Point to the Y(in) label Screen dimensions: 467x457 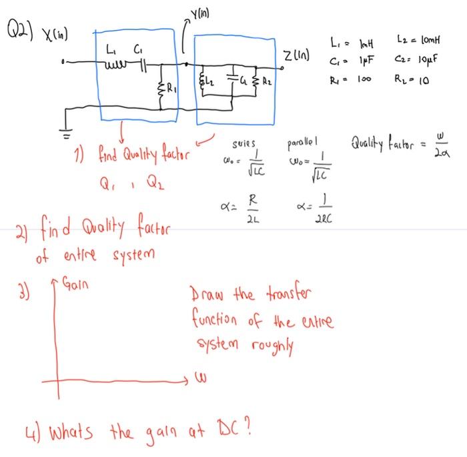click(x=201, y=12)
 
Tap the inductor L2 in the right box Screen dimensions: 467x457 click(x=205, y=85)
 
